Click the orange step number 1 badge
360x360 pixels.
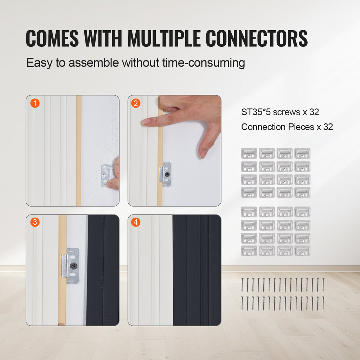tap(35, 103)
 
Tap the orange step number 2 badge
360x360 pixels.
tap(136, 103)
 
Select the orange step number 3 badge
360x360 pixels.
tap(35, 222)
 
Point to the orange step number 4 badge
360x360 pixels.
tap(136, 222)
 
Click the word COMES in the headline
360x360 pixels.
tap(52, 38)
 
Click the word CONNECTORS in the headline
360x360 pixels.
tap(256, 38)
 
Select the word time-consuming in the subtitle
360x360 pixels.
tap(204, 63)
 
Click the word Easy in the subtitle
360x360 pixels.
tap(39, 63)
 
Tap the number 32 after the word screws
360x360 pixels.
tap(314, 112)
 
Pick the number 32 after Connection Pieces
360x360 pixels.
tap(328, 127)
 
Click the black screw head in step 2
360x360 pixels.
tap(167, 174)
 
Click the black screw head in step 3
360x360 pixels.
tap(74, 266)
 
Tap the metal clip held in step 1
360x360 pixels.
tap(107, 176)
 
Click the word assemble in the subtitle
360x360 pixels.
tap(94, 63)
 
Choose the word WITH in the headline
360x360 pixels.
tap(103, 38)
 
